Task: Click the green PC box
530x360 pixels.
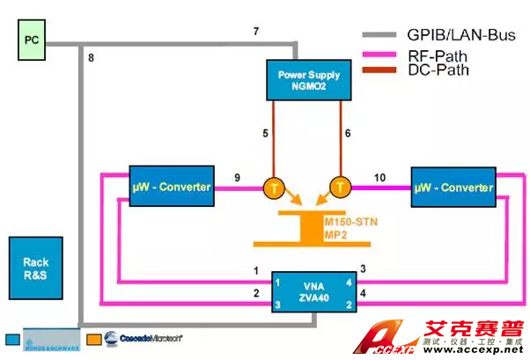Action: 33,40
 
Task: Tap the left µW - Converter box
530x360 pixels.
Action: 171,186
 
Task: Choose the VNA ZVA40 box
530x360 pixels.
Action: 313,290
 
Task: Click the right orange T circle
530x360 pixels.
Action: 340,187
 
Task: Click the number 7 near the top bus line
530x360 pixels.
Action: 256,32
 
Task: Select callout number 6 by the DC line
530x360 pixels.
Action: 347,133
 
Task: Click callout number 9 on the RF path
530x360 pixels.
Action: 238,178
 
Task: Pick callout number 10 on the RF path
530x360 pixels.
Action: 379,177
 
